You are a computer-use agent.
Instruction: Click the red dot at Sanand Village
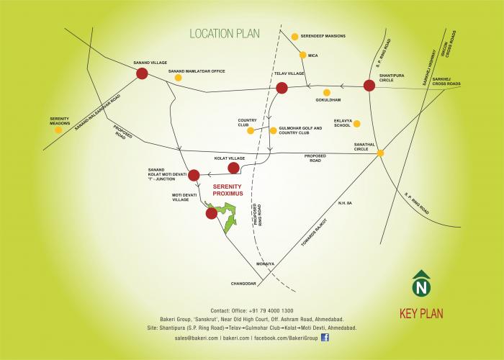(142, 73)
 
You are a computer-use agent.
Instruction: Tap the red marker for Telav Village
(282, 89)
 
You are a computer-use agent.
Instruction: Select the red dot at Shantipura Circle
(369, 86)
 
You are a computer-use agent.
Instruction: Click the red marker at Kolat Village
(233, 168)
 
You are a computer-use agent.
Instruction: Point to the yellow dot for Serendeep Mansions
(294, 36)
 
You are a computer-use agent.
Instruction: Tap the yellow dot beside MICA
(303, 55)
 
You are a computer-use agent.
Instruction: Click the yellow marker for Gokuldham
(327, 92)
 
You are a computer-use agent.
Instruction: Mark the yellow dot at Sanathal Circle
(380, 153)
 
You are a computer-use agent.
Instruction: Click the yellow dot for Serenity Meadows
(58, 130)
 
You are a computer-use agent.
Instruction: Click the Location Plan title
(224, 34)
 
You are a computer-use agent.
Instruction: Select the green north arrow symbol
(419, 284)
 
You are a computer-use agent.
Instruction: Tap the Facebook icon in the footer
(325, 337)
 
